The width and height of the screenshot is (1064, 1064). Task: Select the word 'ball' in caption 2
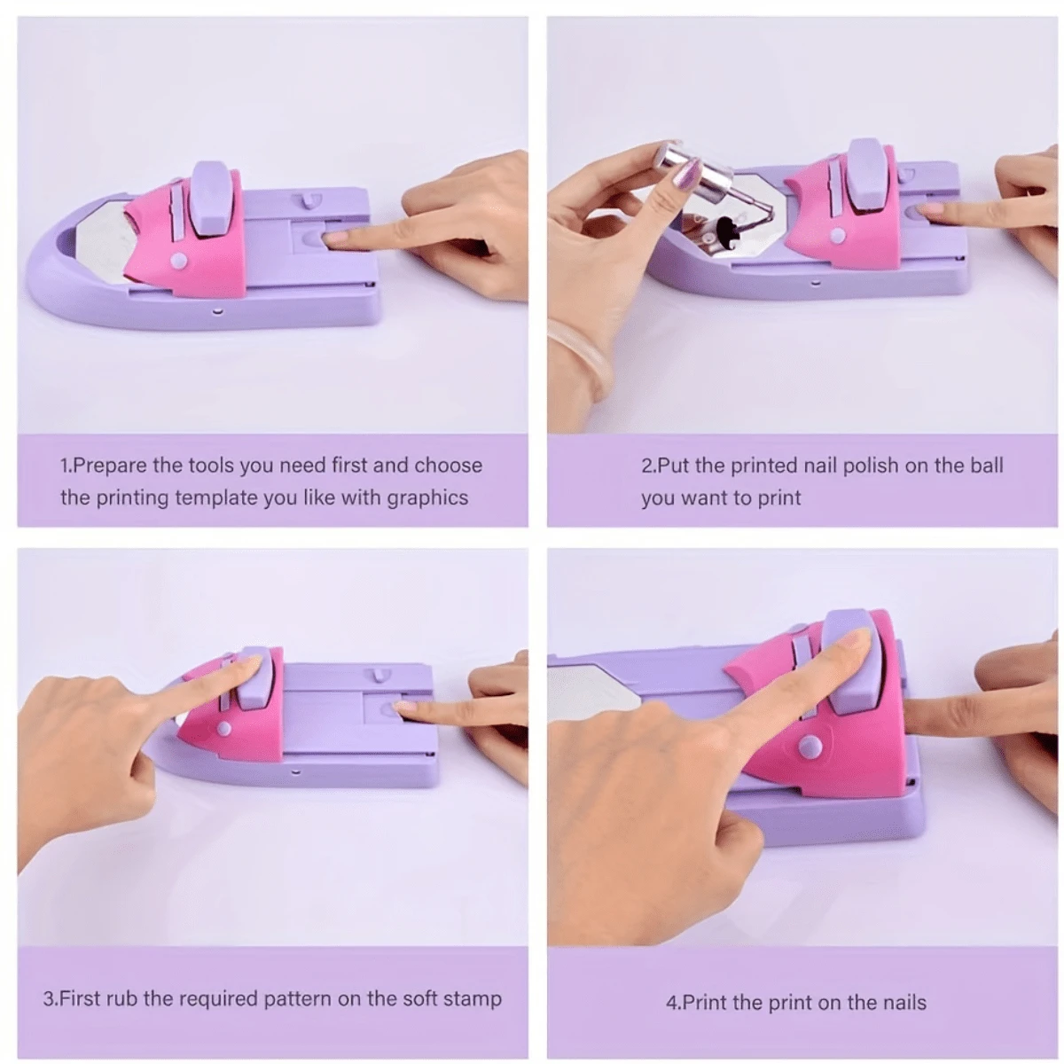pos(986,465)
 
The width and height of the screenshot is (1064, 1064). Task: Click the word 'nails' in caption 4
pos(904,1003)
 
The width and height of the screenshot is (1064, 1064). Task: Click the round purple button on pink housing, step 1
pos(179,261)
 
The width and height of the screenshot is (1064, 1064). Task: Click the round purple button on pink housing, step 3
pos(223,728)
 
